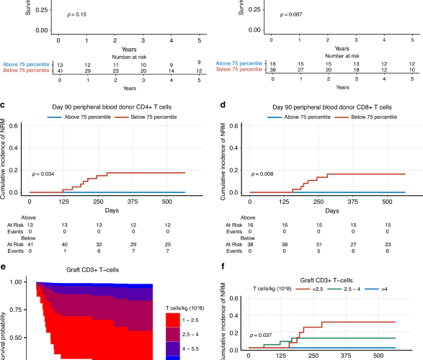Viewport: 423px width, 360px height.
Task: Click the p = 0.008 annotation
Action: (261, 174)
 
